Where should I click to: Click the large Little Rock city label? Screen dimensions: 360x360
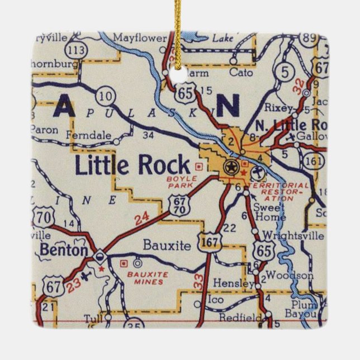pyautogui.click(x=132, y=165)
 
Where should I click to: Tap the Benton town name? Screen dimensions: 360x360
pyautogui.click(x=64, y=250)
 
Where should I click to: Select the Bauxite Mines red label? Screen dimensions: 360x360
pyautogui.click(x=148, y=278)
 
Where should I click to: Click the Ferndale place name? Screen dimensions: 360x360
pyautogui.click(x=88, y=135)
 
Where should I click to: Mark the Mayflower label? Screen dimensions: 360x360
pyautogui.click(x=139, y=38)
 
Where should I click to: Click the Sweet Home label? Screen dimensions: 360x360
pyautogui.click(x=269, y=211)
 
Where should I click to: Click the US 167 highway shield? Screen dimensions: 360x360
pyautogui.click(x=213, y=241)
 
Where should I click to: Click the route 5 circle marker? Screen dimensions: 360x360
pyautogui.click(x=286, y=72)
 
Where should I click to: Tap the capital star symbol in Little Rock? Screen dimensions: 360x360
pyautogui.click(x=230, y=167)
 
